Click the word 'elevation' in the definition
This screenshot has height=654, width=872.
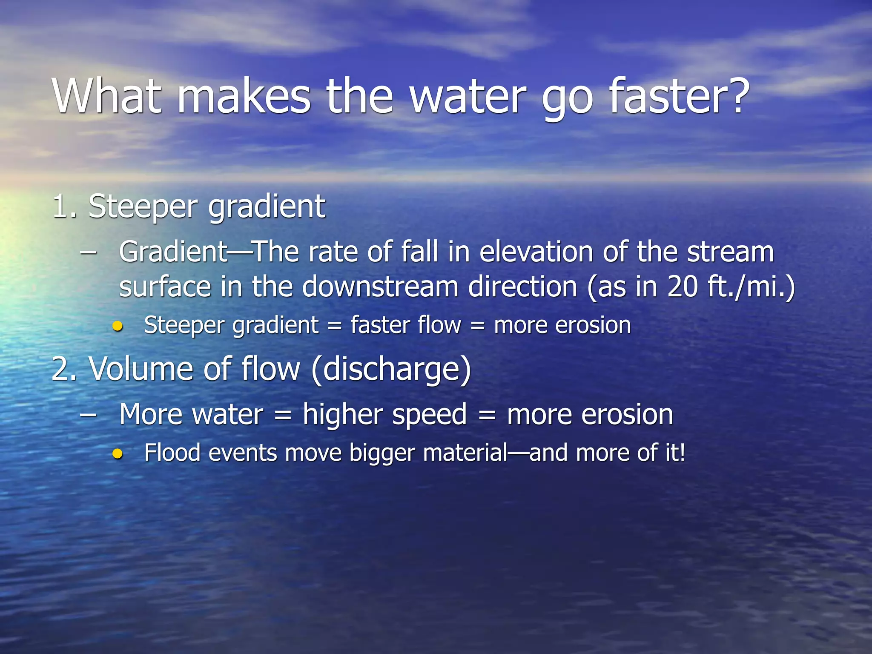pos(536,252)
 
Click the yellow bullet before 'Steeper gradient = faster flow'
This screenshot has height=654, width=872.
pos(118,327)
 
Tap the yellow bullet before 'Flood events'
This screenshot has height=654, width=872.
pos(118,454)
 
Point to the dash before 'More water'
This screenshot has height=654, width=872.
pos(88,414)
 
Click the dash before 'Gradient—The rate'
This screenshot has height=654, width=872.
pos(88,252)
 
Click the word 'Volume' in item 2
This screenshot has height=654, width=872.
pos(141,369)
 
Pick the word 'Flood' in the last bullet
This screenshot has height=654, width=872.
pos(172,453)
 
